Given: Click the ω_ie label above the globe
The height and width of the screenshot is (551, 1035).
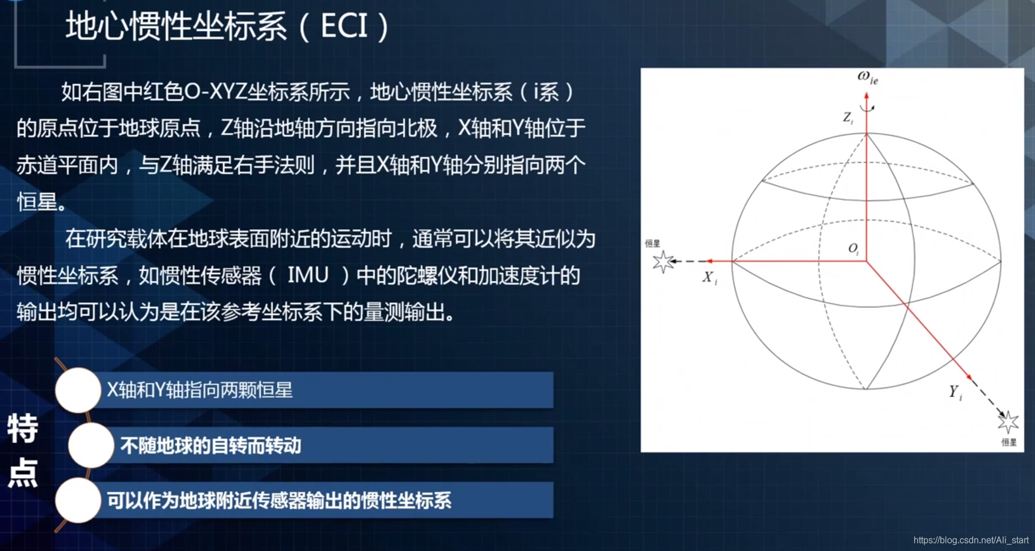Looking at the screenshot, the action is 868,77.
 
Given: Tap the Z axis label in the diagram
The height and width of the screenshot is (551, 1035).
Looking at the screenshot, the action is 848,118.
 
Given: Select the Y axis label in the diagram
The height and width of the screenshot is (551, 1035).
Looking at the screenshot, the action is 956,392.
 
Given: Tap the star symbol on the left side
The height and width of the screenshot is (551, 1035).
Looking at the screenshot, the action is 662,262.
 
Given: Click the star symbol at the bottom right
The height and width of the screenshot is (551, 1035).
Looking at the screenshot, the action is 1008,422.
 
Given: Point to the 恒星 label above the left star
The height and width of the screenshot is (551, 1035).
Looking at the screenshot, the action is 653,243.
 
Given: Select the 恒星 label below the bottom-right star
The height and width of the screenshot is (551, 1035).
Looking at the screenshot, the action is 1009,442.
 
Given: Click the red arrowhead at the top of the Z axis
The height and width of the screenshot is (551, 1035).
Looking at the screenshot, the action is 867,96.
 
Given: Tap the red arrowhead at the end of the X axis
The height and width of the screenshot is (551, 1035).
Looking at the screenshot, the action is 709,261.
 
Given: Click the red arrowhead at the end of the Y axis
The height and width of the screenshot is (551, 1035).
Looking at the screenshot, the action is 969,377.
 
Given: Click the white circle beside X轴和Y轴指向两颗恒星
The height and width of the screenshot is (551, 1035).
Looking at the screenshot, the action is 78,390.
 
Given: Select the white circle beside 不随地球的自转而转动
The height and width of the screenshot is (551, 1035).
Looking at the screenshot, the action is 91,445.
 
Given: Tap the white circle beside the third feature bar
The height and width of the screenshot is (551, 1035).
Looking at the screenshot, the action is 78,500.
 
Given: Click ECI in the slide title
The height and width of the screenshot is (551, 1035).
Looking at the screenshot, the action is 344,26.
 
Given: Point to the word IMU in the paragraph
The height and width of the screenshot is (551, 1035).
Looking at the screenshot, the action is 308,275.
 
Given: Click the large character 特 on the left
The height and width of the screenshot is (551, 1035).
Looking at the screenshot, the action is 23,429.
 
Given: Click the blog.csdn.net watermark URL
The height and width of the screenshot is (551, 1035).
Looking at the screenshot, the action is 971,540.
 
